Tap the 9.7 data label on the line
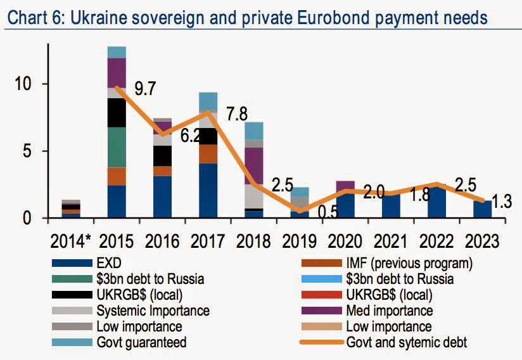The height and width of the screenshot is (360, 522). pos(145,89)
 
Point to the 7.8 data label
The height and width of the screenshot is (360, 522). pos(237,114)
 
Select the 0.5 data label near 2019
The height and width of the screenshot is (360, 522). pos(328,212)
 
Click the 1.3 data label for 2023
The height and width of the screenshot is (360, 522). pos(501,202)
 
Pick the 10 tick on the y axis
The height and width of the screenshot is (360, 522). pos(23,84)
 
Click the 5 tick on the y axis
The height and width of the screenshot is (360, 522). pos(27,151)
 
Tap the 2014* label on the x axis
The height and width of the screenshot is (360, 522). pos(70,241)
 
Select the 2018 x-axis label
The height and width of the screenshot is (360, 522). pos(253,241)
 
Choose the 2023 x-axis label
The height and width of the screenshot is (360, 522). pos(482,241)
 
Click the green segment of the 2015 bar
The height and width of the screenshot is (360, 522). pos(117,147)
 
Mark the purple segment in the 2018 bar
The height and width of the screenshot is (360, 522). pos(253,166)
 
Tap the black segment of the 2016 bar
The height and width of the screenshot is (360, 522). pos(162,156)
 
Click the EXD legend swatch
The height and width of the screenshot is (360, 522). pos(72,263)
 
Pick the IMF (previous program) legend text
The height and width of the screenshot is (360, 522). pos(409,263)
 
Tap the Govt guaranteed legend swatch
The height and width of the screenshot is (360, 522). pos(72,342)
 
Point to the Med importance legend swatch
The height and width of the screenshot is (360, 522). pos(322,311)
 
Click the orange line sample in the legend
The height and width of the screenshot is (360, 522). pos(322,342)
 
